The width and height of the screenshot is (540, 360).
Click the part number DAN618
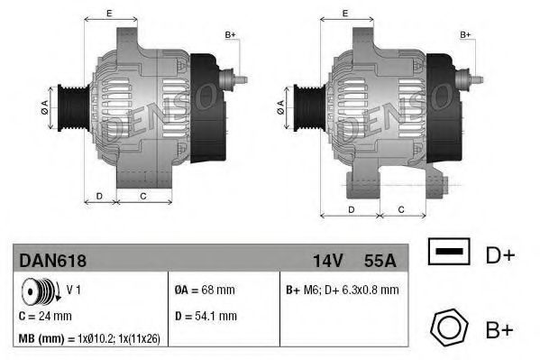tap(51, 260)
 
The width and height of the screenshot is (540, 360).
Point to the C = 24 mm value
tap(45, 317)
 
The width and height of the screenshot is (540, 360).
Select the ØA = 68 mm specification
tap(205, 291)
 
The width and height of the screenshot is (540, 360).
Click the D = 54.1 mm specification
tap(205, 317)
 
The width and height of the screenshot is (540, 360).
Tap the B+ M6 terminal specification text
tap(343, 291)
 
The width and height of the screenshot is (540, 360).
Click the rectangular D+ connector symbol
tap(448, 254)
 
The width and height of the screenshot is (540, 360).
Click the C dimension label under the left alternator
tap(142, 196)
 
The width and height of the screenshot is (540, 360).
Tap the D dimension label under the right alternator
tap(351, 209)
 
